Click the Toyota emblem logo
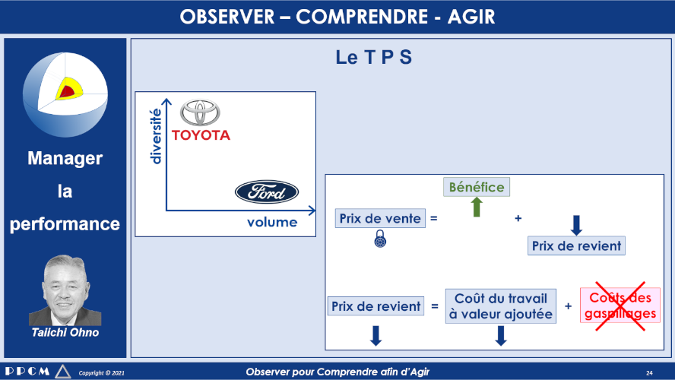click(x=200, y=112)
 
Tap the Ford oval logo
click(x=267, y=192)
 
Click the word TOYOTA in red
click(x=201, y=135)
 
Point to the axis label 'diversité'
click(x=155, y=136)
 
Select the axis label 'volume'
click(x=272, y=222)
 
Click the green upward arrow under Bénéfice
click(x=477, y=207)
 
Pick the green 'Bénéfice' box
click(x=477, y=187)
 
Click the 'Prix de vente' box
click(x=380, y=218)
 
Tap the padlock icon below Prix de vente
click(x=380, y=239)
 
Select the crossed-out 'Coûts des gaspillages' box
click(x=620, y=305)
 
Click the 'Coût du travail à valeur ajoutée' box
click(x=501, y=306)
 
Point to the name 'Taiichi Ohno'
click(x=65, y=332)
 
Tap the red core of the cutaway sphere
click(x=66, y=91)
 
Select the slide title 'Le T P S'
click(x=374, y=57)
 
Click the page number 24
click(x=649, y=372)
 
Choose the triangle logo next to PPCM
click(x=63, y=371)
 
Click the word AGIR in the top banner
click(x=471, y=17)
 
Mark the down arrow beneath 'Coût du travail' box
click(x=501, y=336)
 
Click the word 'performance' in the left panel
click(x=65, y=224)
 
